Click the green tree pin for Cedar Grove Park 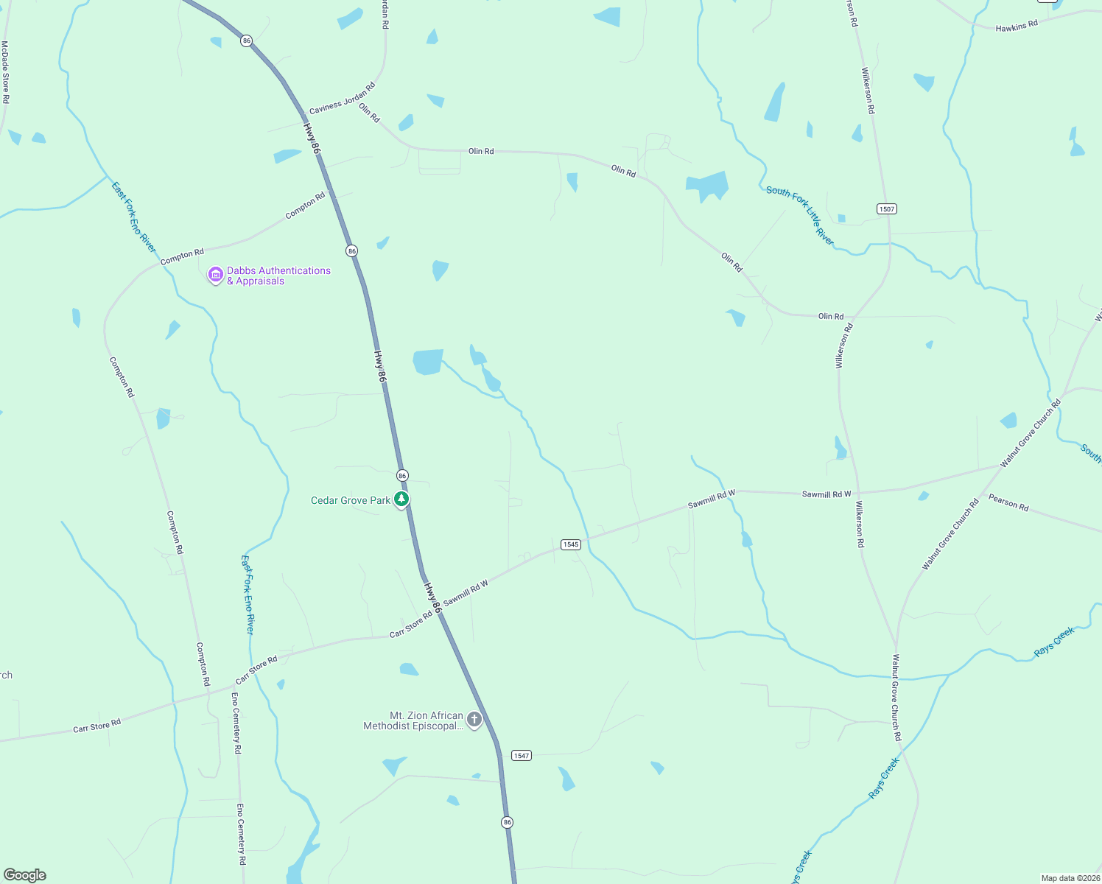401,499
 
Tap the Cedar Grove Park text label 351,501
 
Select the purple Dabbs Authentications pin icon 216,275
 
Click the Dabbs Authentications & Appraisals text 278,276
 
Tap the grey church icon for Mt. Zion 474,720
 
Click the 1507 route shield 887,209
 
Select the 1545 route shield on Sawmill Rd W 571,544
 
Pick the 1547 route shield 522,756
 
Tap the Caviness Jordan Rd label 342,98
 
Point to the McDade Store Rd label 5,72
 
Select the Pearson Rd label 1008,503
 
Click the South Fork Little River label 801,215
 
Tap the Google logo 25,875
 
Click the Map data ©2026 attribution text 1070,878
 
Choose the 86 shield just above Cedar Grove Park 402,476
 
